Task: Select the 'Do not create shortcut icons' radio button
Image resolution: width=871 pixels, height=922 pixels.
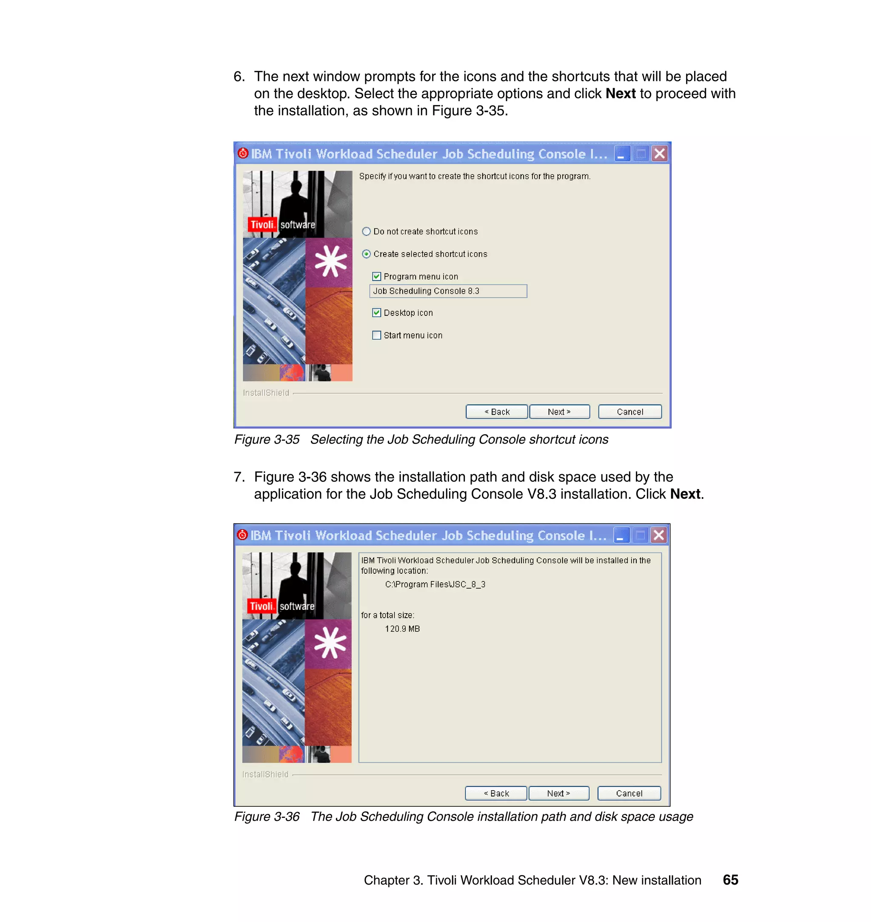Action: [366, 231]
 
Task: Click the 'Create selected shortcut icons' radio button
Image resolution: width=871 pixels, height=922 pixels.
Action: [366, 254]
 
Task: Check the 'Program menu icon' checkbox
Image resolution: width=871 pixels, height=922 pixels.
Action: [376, 277]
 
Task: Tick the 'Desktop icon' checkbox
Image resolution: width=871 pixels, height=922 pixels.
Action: [376, 313]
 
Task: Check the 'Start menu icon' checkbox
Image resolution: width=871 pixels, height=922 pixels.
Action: [376, 335]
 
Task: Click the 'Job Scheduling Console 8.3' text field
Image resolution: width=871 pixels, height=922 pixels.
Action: [448, 291]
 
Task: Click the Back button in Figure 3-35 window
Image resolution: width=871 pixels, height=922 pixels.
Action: [496, 412]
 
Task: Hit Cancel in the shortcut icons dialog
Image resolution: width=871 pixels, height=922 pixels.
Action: [629, 412]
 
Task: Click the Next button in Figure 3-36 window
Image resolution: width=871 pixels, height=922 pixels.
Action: [558, 794]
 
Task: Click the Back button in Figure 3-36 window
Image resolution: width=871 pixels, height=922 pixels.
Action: [496, 794]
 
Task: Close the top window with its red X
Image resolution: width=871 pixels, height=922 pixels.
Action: [659, 154]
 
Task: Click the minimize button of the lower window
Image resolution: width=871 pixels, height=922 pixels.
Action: [621, 535]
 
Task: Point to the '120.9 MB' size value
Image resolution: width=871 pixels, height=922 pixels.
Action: [402, 629]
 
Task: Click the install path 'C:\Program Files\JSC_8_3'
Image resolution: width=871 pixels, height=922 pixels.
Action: [435, 584]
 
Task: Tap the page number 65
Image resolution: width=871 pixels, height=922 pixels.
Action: [730, 880]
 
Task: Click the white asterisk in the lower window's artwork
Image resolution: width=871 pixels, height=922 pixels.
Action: [330, 643]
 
